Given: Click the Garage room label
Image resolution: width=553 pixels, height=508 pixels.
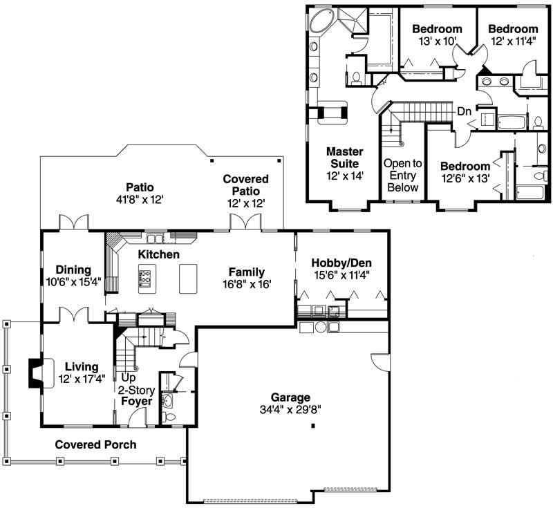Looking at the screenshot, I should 290,397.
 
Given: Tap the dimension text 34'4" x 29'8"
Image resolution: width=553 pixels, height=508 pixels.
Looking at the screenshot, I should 290,408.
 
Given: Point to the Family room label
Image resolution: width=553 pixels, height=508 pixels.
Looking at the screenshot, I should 247,272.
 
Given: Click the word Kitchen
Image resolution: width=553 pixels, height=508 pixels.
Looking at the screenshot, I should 158,255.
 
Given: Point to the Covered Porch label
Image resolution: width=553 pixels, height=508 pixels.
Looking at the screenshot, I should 95,444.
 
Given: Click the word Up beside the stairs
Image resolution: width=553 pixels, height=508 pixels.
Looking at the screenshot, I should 128,378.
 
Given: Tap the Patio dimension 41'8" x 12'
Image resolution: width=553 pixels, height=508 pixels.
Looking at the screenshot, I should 139,198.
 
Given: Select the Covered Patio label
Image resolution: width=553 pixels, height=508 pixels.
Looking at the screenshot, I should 245,185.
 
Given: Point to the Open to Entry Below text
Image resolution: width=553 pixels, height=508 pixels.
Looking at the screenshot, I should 402,176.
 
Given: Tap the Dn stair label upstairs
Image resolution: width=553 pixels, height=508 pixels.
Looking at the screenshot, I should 465,111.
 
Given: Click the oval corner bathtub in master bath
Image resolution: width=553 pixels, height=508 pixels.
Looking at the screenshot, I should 319,22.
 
